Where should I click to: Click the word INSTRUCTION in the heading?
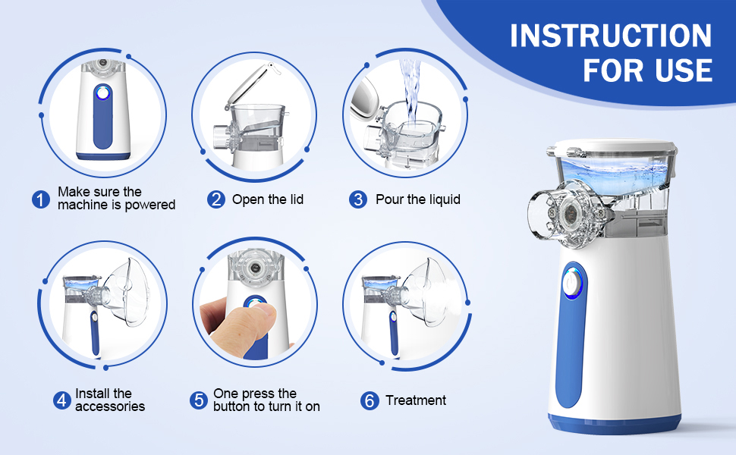(611, 36)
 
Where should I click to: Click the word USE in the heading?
(684, 71)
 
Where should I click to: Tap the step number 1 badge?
(41, 199)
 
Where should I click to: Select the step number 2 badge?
(216, 199)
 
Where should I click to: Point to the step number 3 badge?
(357, 199)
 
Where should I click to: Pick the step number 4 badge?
(61, 400)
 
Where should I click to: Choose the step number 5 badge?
(199, 400)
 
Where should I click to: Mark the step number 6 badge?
(370, 400)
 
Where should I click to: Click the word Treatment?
(416, 400)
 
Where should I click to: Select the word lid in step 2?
(294, 199)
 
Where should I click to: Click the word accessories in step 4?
(110, 406)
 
